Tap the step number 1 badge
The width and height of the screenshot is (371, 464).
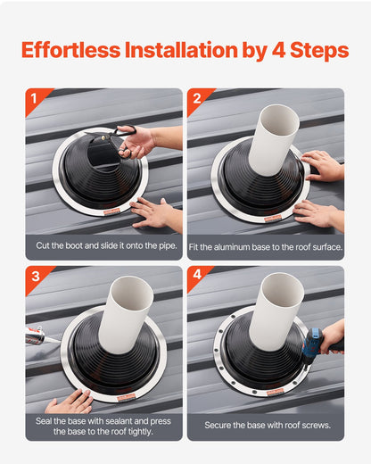(34, 99)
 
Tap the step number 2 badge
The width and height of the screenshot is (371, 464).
(196, 99)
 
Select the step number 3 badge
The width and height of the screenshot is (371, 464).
(34, 277)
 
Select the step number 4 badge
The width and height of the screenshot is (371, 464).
(196, 277)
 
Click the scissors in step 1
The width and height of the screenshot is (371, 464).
(124, 138)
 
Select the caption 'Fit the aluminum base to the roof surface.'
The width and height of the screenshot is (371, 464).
(266, 244)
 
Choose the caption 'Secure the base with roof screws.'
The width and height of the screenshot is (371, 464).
(266, 426)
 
